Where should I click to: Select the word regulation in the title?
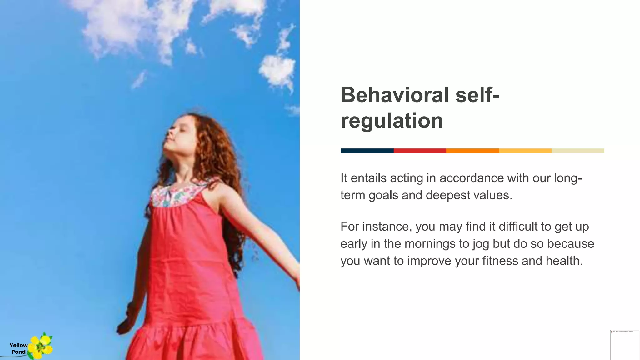392,121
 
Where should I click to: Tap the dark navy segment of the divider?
367,151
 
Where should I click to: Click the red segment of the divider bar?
420,151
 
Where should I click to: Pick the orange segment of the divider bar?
472,151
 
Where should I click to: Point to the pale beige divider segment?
578,151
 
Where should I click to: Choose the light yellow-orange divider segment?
525,151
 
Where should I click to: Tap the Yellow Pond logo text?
18,348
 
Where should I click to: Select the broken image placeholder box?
625,345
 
